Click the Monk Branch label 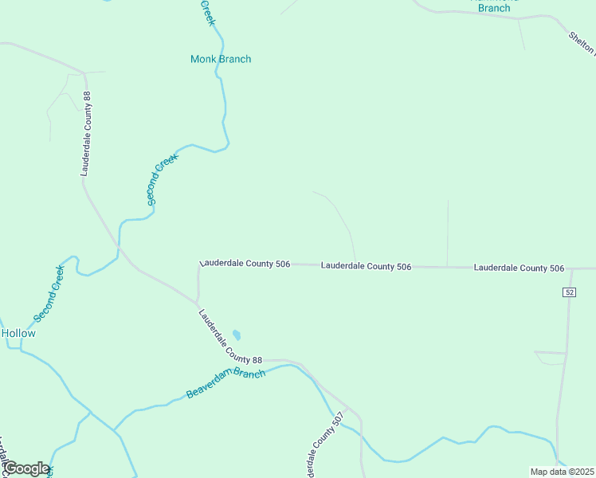221,59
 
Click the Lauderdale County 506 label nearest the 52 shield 519,268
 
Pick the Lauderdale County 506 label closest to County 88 245,263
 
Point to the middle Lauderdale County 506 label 366,266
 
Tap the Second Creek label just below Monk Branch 163,179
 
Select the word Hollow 18,333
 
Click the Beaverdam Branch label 225,384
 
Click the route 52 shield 568,292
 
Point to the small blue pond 237,335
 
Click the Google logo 26,468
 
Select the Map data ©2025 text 562,472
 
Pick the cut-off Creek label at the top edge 207,12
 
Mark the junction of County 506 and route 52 572,269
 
